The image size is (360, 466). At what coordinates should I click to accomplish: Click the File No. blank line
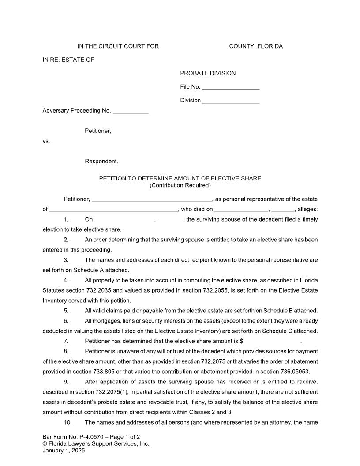(x=230, y=88)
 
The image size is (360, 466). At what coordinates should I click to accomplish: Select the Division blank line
(x=231, y=101)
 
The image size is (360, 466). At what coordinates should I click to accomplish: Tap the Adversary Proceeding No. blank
(x=131, y=112)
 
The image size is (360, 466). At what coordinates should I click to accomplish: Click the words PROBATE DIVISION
(x=208, y=73)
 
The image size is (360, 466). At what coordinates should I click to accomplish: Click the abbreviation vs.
(x=46, y=141)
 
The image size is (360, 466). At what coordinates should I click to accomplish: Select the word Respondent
(x=101, y=162)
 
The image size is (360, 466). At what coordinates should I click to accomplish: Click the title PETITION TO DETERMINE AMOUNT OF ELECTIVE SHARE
(x=180, y=179)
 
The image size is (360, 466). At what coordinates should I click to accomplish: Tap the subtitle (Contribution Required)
(x=180, y=185)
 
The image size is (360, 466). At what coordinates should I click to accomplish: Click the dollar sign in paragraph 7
(x=242, y=341)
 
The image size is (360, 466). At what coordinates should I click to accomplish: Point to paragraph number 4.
(x=66, y=280)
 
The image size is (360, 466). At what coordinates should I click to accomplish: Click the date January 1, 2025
(x=64, y=451)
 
